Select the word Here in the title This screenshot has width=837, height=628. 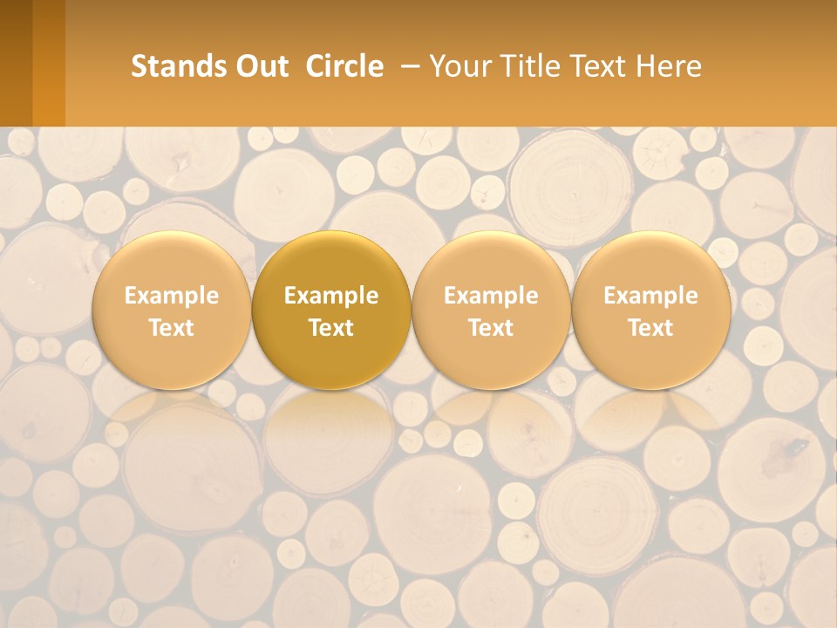click(x=669, y=66)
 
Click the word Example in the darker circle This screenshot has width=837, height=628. click(x=331, y=296)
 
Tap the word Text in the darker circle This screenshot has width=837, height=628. click(x=331, y=328)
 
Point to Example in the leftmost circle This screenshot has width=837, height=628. click(x=172, y=296)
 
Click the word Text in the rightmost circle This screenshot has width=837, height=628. click(x=650, y=328)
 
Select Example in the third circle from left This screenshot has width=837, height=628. click(x=491, y=296)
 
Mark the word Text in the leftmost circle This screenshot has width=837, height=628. click(x=172, y=328)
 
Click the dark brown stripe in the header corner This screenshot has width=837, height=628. click(x=16, y=63)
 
